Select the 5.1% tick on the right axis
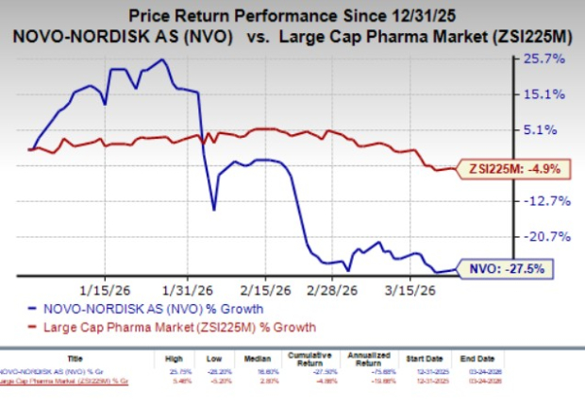(x=550, y=129)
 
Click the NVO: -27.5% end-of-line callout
(x=501, y=269)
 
